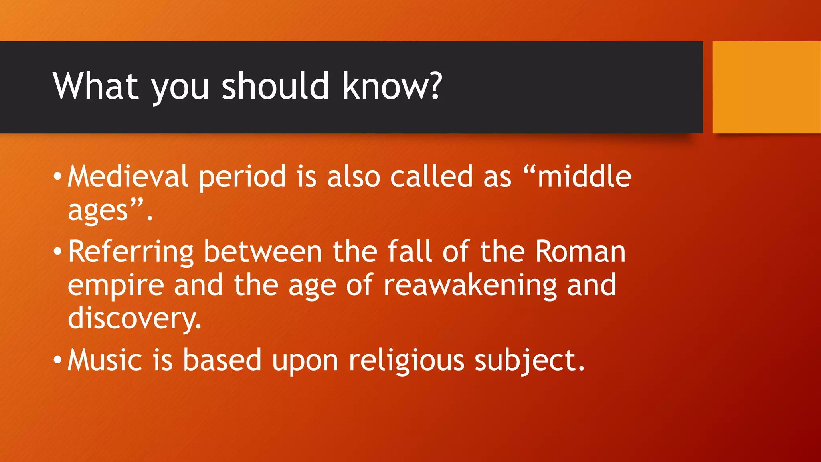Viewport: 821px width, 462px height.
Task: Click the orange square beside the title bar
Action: (766, 87)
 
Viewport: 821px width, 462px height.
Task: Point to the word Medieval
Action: (127, 176)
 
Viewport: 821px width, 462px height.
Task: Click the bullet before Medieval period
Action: (57, 176)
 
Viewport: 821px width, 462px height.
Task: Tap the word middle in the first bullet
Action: (584, 176)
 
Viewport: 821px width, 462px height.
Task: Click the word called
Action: (432, 176)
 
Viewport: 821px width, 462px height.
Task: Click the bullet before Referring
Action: (57, 252)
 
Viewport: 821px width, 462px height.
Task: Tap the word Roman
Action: (580, 252)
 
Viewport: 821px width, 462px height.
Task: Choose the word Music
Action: (104, 360)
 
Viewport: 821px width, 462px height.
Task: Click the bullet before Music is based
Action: (57, 360)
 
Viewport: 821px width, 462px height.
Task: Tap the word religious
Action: (406, 361)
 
